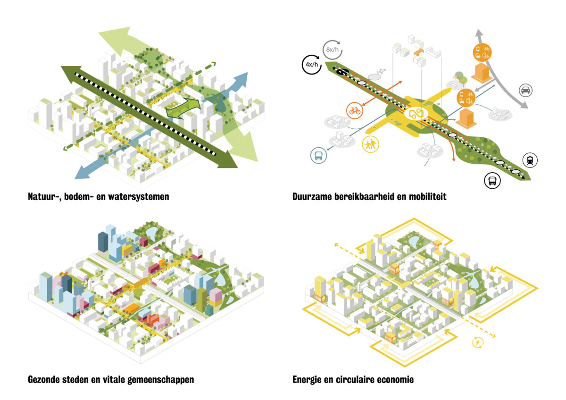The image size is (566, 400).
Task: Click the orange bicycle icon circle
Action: click(x=354, y=111)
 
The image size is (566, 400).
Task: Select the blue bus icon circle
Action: click(x=317, y=156)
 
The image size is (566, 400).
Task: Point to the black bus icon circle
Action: click(x=492, y=181)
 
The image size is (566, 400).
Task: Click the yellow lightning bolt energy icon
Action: click(x=478, y=342)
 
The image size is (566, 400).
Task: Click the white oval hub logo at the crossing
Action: click(x=415, y=114)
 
